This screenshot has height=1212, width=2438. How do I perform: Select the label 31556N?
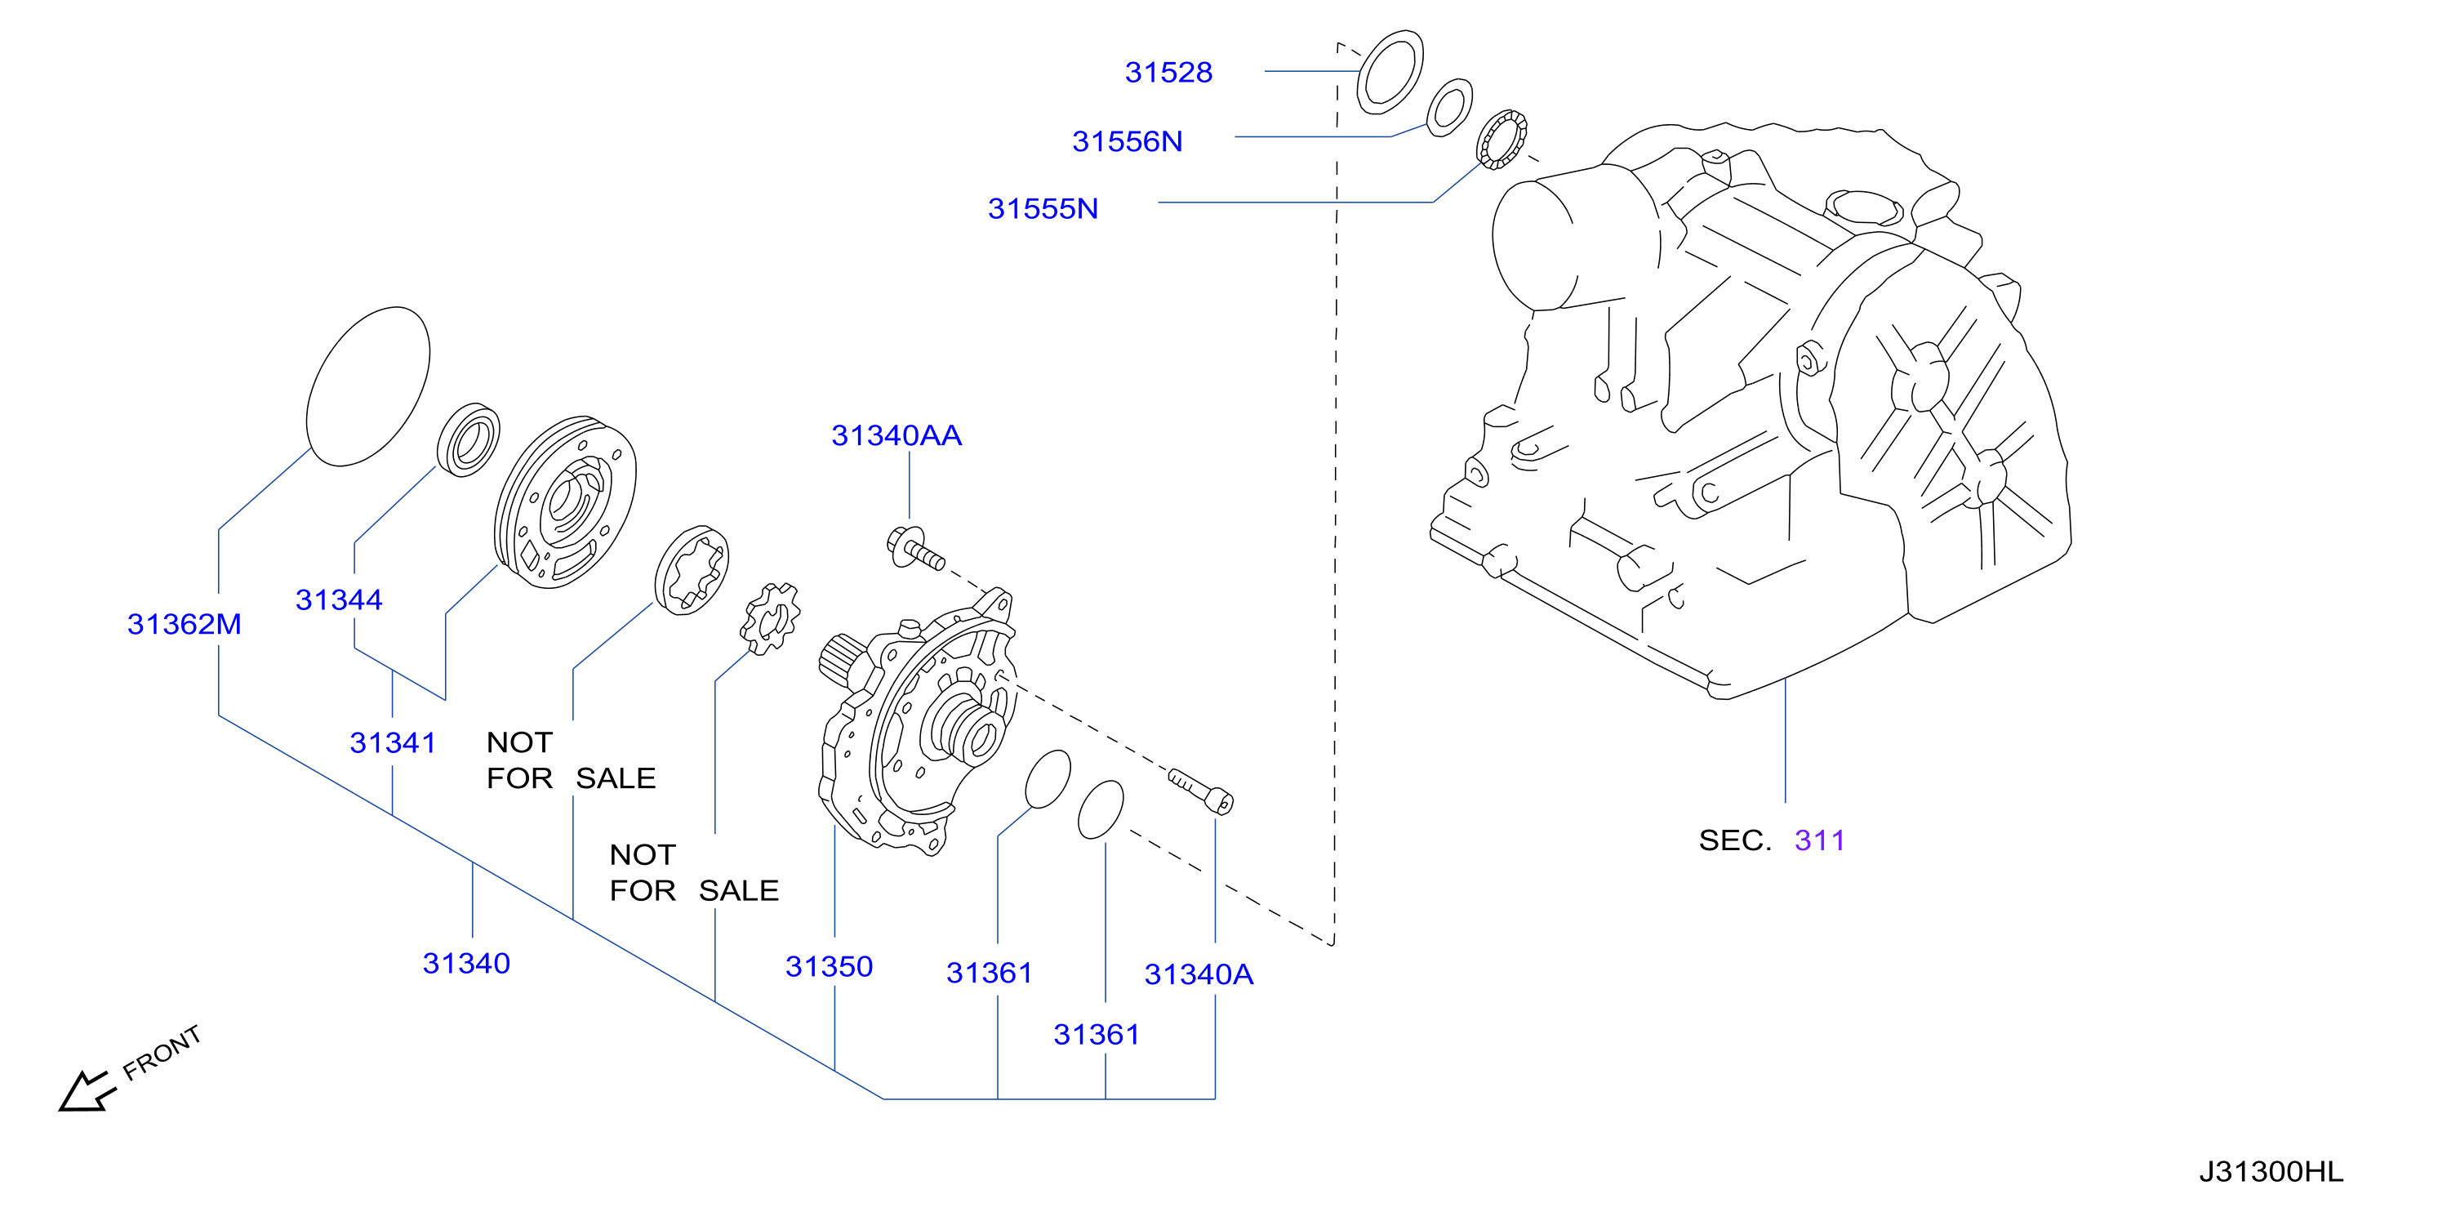tap(1128, 141)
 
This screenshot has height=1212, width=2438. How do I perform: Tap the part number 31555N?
tap(1043, 208)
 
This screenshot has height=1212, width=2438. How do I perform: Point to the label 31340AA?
tap(896, 434)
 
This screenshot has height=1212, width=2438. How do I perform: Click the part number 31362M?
tap(185, 624)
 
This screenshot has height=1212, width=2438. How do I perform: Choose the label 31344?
tap(339, 599)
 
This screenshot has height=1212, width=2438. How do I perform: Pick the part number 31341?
tap(393, 742)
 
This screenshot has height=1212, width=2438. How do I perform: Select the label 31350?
tap(829, 966)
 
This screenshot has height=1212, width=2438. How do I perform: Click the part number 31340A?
tap(1199, 974)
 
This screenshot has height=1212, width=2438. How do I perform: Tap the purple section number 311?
tap(1820, 840)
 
